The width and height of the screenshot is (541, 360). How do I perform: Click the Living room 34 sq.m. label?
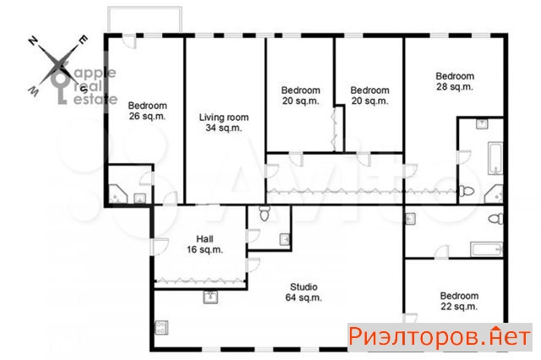223,123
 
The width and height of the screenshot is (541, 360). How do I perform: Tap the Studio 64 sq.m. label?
303,292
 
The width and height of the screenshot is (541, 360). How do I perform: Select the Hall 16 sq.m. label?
205,244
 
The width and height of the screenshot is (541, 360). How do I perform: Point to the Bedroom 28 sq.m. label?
455,81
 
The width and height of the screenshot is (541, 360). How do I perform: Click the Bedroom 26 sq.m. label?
147,111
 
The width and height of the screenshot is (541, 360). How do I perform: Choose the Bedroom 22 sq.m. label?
459,301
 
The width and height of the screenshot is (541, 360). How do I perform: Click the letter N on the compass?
33,41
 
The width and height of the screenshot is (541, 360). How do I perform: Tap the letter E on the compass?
83,40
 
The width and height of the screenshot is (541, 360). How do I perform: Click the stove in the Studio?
161,327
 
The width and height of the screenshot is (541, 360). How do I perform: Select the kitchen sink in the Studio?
210,297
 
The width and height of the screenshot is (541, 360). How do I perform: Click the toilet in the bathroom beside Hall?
265,214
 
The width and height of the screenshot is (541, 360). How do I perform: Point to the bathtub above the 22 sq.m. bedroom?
486,249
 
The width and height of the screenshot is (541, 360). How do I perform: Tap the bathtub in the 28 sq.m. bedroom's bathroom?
495,159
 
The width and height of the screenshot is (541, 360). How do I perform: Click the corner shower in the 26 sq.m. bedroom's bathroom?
118,194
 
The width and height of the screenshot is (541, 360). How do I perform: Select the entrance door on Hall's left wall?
160,247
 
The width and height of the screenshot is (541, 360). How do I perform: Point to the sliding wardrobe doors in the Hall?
199,281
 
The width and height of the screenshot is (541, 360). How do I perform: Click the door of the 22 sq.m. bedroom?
410,319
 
